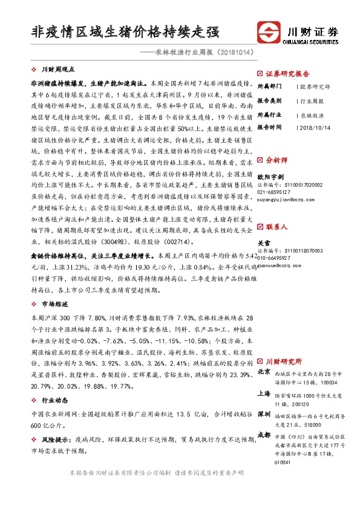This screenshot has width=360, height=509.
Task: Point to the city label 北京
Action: (264, 372)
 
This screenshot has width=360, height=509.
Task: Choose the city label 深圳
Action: (264, 415)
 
